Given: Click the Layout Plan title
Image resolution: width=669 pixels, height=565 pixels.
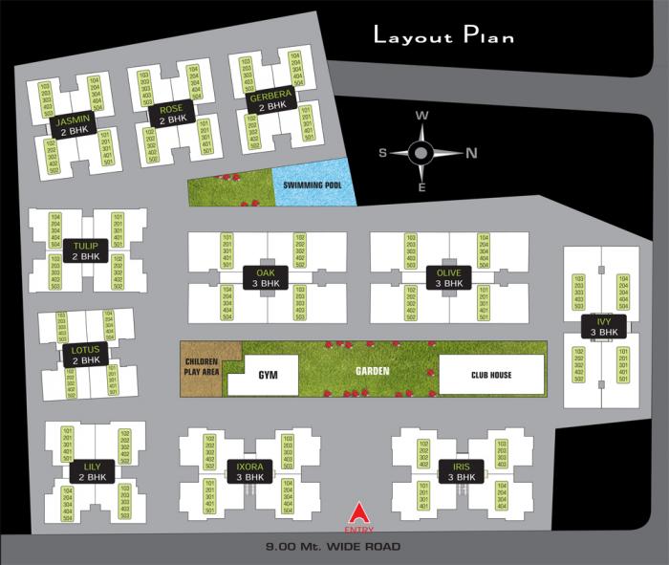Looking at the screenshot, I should [443, 37].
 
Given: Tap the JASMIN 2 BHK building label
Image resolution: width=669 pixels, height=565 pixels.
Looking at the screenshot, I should [74, 126].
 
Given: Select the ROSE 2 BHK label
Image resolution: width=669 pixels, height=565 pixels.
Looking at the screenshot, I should [172, 114].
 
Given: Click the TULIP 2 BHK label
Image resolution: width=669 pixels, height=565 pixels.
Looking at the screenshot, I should [86, 251].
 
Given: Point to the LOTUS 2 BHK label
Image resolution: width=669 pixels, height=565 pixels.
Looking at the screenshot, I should [86, 355].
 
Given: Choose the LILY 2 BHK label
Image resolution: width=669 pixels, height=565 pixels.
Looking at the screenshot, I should [93, 471].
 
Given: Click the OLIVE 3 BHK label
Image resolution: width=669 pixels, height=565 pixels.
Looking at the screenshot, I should [448, 277].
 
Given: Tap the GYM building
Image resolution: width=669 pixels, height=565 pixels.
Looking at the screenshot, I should [267, 375].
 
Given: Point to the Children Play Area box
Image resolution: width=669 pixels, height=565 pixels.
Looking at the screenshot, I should [202, 365].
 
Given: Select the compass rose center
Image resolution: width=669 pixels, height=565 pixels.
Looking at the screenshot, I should [421, 151].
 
